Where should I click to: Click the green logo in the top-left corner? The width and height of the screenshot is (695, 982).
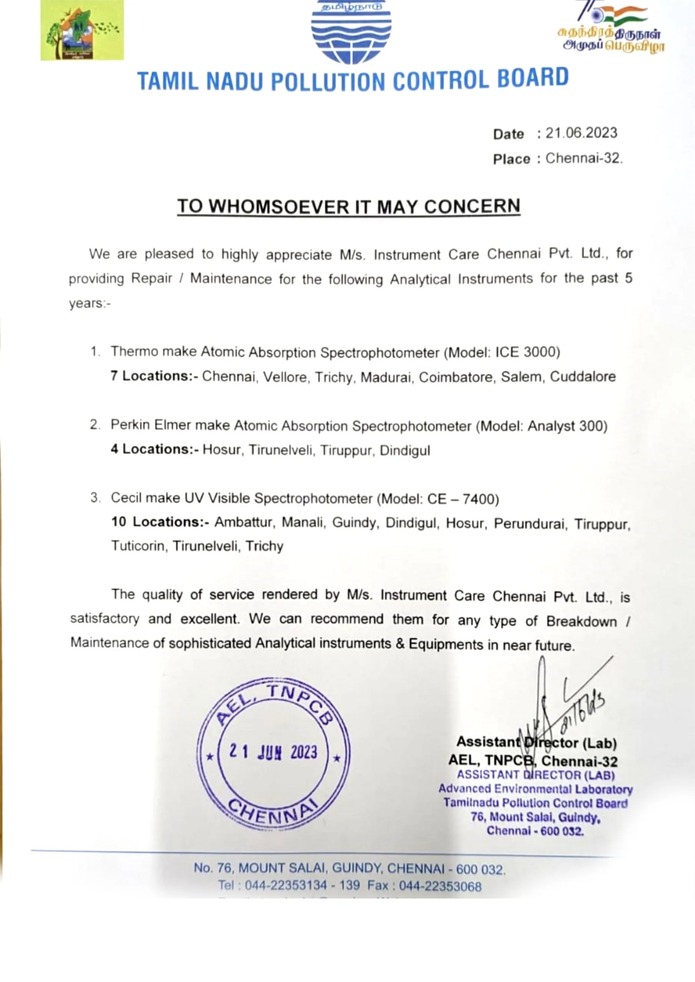click(82, 30)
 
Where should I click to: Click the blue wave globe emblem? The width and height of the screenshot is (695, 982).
click(351, 32)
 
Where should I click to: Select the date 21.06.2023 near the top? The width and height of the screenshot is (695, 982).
click(581, 133)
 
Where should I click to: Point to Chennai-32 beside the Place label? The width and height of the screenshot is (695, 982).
click(584, 158)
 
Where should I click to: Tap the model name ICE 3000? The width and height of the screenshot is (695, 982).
click(527, 352)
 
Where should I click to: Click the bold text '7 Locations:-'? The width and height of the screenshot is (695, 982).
click(154, 376)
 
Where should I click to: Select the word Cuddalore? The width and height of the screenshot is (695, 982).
click(583, 376)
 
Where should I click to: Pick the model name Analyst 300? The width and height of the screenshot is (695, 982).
click(565, 426)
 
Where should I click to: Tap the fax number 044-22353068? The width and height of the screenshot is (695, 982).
click(440, 886)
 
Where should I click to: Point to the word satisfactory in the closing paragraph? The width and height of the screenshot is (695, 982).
click(104, 619)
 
